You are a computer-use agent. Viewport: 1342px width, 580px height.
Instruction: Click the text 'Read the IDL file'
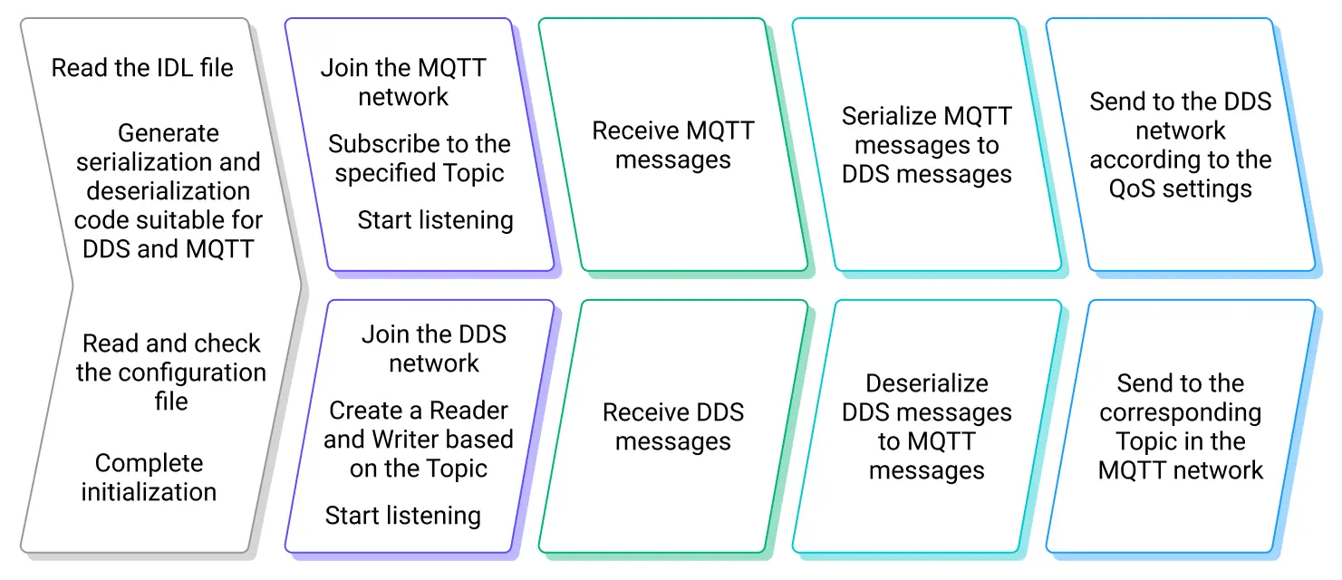click(x=142, y=68)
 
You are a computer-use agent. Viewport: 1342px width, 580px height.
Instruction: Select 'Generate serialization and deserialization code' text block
click(x=169, y=190)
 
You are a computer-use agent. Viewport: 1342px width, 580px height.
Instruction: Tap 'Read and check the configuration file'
click(x=171, y=372)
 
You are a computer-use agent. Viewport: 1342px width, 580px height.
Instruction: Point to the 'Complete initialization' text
click(x=150, y=478)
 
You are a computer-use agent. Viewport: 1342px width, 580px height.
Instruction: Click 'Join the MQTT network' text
click(x=403, y=82)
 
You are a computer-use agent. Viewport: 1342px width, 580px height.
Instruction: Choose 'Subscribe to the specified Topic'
click(x=420, y=159)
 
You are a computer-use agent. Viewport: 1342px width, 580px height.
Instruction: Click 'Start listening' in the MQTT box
click(x=435, y=219)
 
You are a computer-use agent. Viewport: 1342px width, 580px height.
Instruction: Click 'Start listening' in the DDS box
click(x=403, y=516)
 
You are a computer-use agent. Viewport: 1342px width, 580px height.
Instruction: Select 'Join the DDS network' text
click(x=434, y=349)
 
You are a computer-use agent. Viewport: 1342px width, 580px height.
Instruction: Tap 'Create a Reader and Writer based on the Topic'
click(x=419, y=440)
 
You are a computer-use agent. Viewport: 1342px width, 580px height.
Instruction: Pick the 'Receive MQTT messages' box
click(x=673, y=145)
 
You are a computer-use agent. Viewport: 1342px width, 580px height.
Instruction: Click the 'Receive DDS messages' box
click(x=673, y=427)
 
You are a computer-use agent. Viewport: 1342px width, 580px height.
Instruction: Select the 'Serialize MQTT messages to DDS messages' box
click(x=927, y=145)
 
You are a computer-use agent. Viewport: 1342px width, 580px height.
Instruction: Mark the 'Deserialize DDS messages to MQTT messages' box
click(x=927, y=427)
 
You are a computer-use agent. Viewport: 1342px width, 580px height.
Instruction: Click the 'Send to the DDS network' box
click(x=1181, y=145)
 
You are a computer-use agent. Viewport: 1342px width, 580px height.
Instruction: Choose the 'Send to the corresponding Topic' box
click(x=1181, y=427)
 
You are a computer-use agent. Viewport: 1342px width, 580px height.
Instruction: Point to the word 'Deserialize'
click(x=927, y=383)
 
